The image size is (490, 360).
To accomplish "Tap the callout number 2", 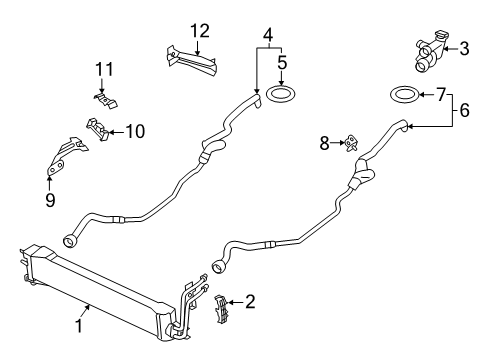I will coord(250,300).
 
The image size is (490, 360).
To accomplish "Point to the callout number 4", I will coord(267,36).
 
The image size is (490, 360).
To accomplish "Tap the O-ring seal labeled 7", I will coord(402,96).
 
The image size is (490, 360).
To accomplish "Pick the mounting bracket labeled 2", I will coord(225,302).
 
